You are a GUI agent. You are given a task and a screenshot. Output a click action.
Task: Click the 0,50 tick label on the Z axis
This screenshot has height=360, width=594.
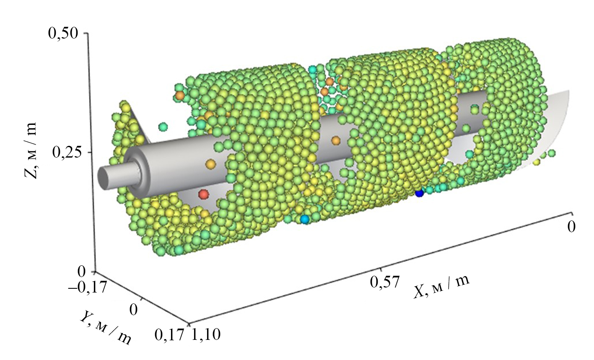click(x=63, y=34)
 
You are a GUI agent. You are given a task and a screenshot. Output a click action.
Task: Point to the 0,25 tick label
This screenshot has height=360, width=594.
click(x=67, y=152)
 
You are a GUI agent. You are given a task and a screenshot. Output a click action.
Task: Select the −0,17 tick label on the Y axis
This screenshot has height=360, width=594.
click(x=88, y=287)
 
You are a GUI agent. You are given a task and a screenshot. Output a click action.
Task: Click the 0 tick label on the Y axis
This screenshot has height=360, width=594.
click(x=134, y=309)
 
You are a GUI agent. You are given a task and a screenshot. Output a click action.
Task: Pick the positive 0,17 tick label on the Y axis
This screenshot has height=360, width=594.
click(x=169, y=334)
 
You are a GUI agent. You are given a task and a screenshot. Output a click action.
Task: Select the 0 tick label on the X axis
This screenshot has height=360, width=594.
click(x=571, y=227)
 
